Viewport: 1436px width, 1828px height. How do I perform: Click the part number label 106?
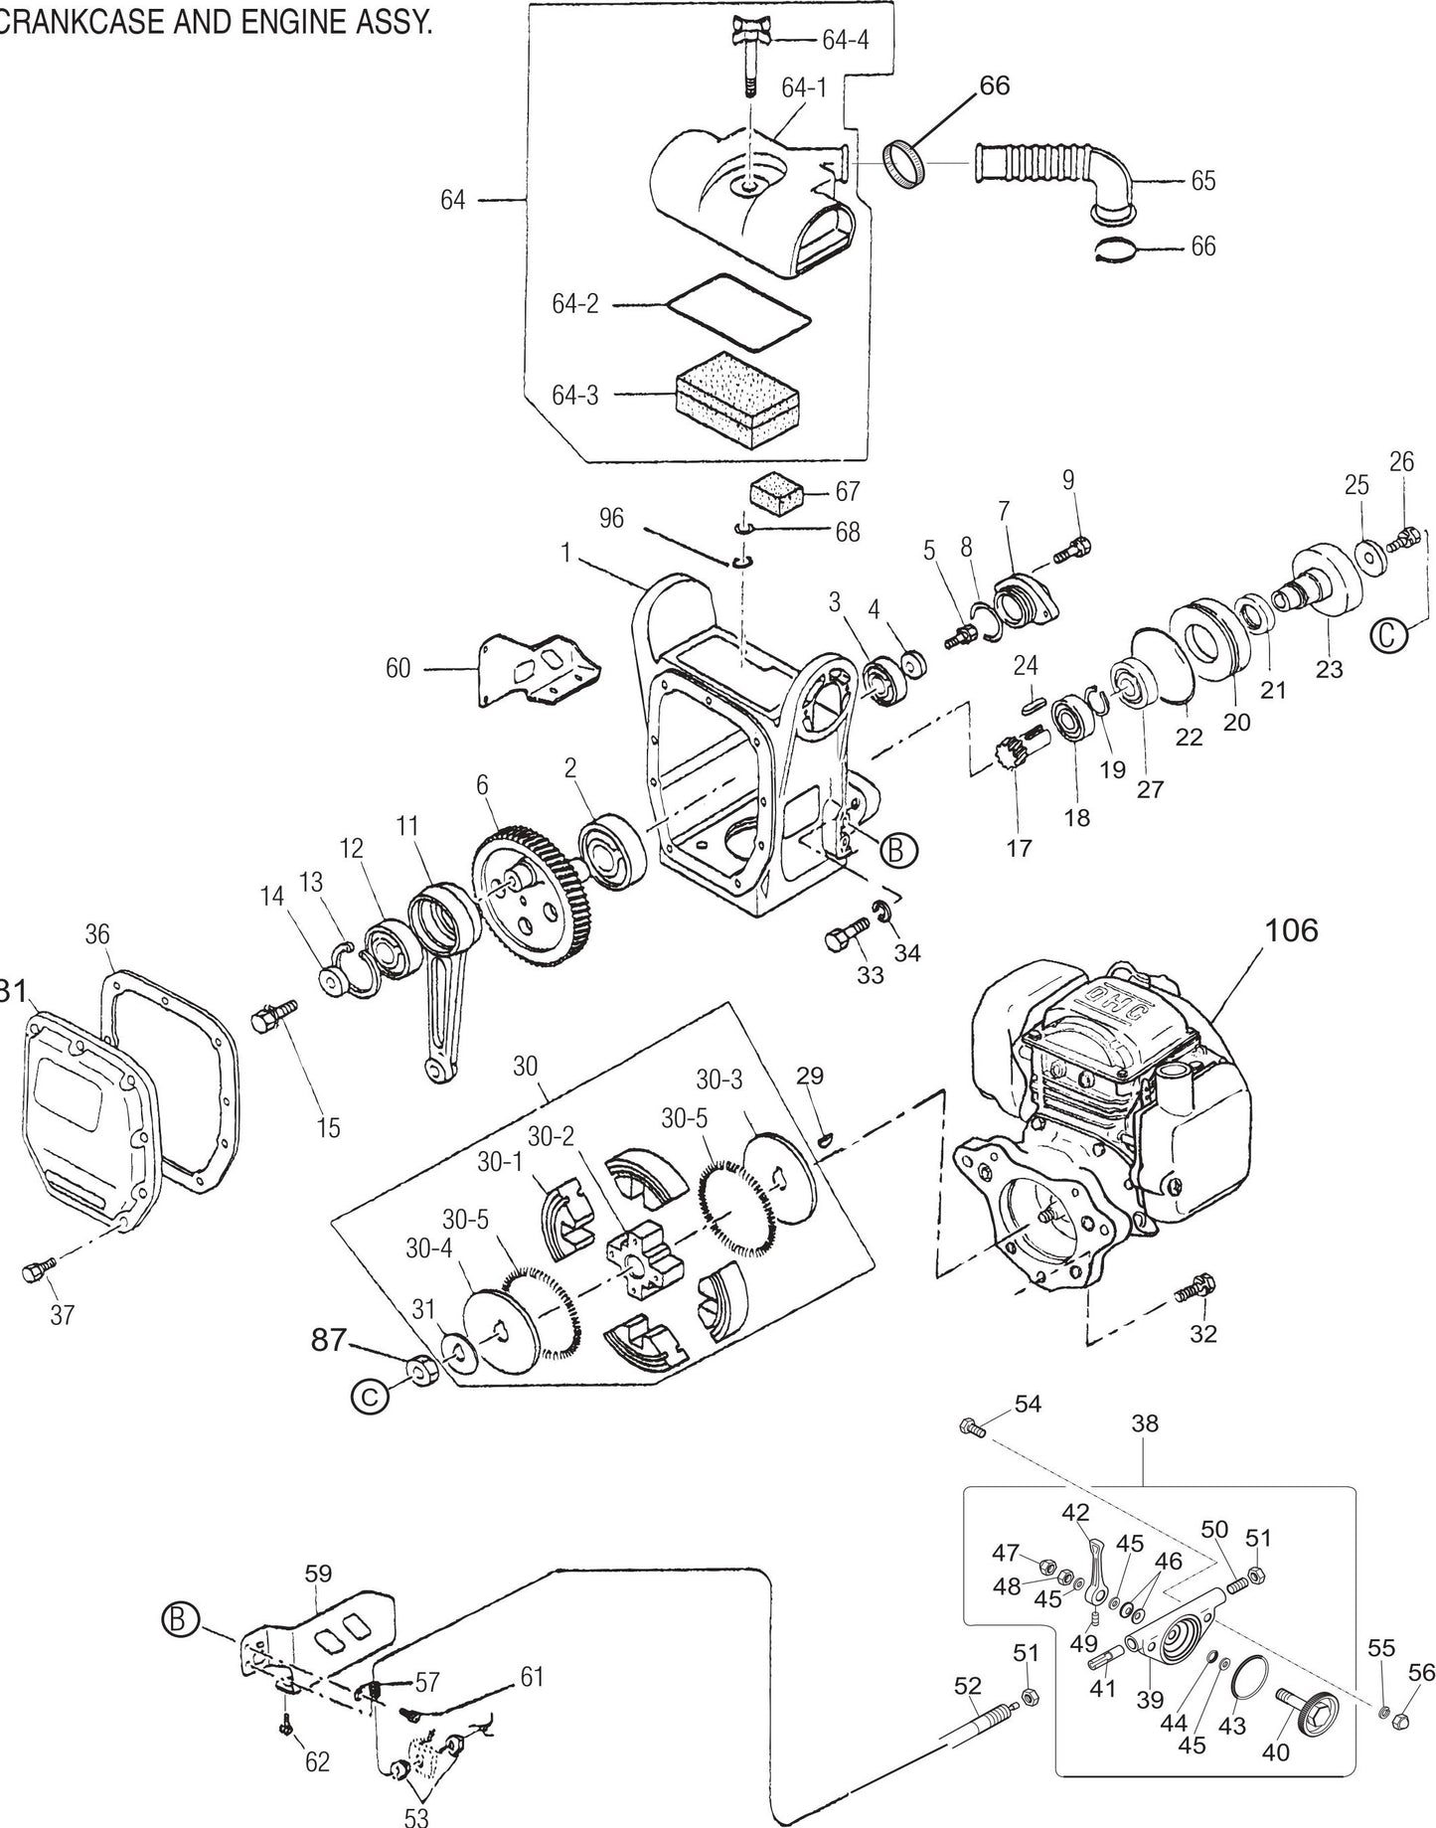pyautogui.click(x=1291, y=930)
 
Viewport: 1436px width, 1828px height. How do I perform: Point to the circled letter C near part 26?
pyautogui.click(x=1392, y=634)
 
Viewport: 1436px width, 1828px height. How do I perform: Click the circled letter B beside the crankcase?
pyautogui.click(x=898, y=850)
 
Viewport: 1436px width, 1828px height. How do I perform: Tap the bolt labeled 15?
pyautogui.click(x=271, y=1018)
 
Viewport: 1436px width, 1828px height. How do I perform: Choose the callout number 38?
pyautogui.click(x=1144, y=1422)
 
